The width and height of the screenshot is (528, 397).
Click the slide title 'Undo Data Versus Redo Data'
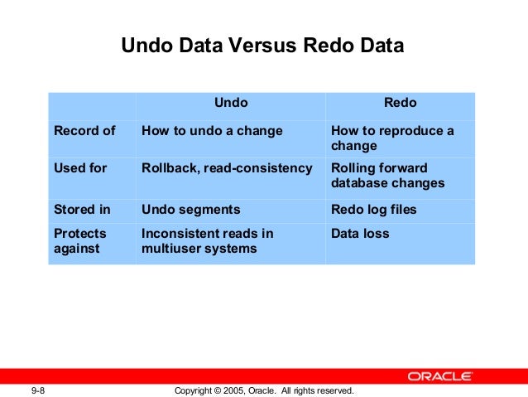point(262,46)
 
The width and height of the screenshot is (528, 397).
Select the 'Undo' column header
point(231,104)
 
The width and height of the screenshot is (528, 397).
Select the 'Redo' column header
point(400,104)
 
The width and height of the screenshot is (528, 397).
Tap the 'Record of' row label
point(84,131)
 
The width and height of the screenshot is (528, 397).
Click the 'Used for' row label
point(80,168)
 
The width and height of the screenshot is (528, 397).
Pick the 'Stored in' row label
point(82,210)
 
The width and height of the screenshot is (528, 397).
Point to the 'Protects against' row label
point(80,241)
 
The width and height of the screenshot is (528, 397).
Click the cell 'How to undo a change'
point(212,131)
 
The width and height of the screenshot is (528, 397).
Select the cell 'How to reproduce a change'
point(392,138)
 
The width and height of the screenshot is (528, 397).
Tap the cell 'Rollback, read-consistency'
point(227,168)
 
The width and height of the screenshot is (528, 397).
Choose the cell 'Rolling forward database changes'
point(387,176)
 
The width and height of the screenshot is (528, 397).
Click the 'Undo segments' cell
point(191,210)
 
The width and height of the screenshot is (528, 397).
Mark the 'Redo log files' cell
point(374,210)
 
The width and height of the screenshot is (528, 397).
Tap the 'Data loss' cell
point(359,234)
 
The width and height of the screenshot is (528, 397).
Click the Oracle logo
point(439,376)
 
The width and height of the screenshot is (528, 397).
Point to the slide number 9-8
point(38,390)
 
